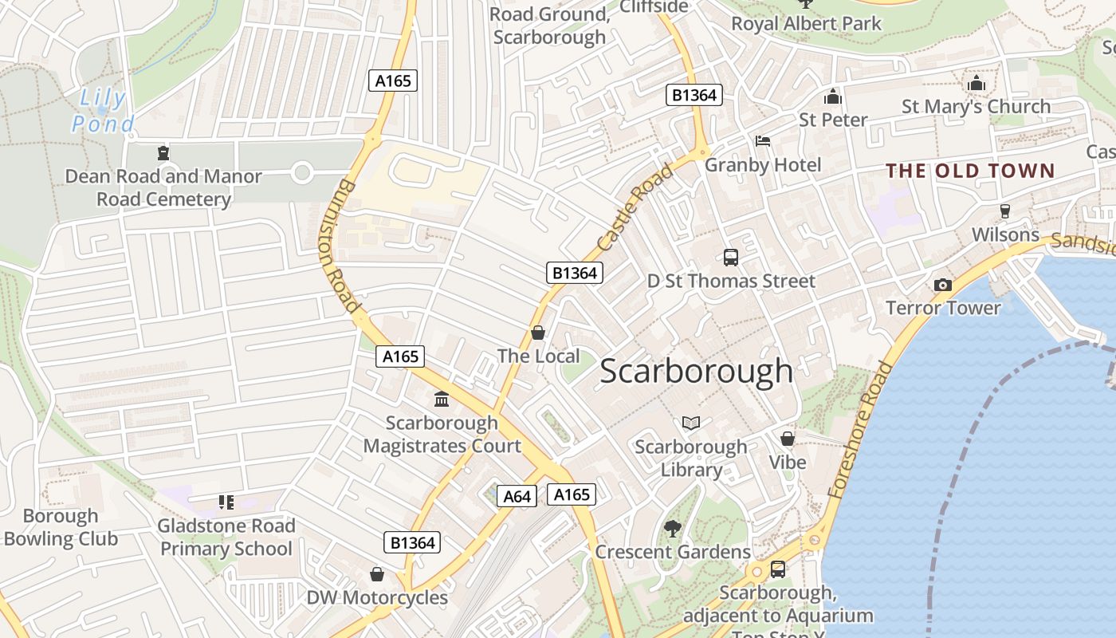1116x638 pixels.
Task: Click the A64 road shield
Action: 517,496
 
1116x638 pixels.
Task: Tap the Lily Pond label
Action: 102,111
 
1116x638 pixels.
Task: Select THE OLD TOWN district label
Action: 970,171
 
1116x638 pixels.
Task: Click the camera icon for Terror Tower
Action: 942,285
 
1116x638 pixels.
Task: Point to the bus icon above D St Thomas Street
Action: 730,257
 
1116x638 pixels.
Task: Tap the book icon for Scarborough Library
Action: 690,423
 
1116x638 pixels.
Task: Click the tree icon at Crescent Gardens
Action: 672,528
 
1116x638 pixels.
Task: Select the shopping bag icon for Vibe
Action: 787,439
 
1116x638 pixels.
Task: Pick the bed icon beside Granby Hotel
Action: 762,141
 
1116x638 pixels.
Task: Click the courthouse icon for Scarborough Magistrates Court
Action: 441,399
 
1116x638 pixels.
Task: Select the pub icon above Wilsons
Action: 1004,211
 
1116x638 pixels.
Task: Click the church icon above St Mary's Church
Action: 976,83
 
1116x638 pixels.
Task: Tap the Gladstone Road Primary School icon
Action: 226,502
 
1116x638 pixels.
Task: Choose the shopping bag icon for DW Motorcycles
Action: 377,574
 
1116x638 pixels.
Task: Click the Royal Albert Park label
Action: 806,23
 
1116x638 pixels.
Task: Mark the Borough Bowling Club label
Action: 60,527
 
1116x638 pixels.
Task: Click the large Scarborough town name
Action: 696,371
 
